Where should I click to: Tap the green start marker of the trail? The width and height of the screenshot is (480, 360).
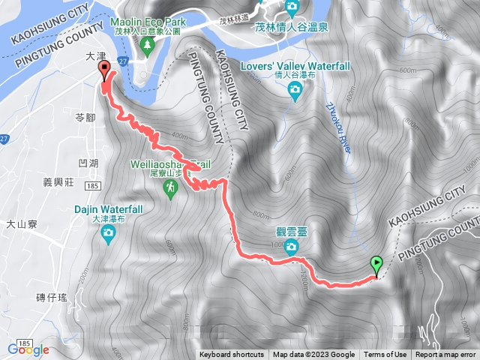(x=376, y=265)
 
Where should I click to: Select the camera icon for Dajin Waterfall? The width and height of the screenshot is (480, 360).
(x=109, y=234)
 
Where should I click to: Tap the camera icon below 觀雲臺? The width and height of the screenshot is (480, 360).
(x=292, y=247)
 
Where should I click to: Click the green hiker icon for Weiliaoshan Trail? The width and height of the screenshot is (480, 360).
(x=171, y=192)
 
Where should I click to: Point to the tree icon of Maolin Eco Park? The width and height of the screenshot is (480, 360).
(x=148, y=44)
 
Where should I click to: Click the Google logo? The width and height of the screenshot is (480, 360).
(x=28, y=349)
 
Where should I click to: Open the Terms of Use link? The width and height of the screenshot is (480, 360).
(x=385, y=355)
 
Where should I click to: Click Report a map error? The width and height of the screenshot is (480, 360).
(x=446, y=355)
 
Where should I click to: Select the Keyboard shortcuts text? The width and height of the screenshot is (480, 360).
(x=232, y=355)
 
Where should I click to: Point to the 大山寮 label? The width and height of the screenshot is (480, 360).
(x=22, y=223)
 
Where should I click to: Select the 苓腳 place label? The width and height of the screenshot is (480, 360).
(x=86, y=118)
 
